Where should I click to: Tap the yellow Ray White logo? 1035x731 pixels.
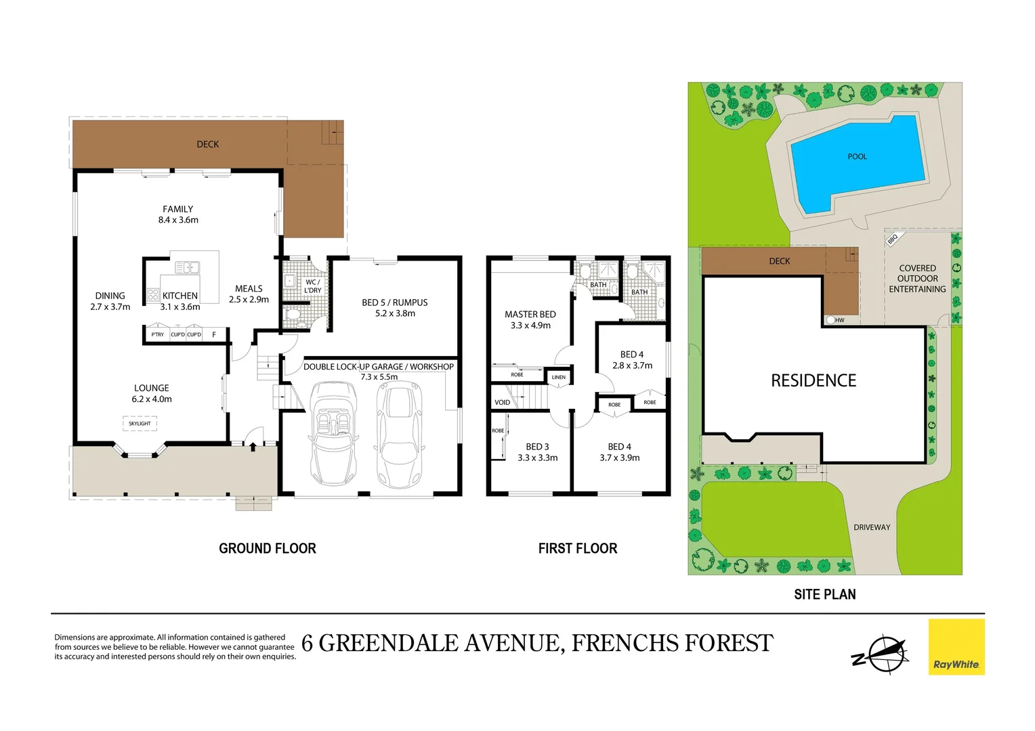[956, 647]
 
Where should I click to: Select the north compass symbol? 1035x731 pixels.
[881, 655]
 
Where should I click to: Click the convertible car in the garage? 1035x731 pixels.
[333, 433]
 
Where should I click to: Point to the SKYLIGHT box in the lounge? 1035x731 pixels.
[140, 424]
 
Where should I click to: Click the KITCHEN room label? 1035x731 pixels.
[180, 296]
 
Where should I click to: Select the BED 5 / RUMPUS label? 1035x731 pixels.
[395, 303]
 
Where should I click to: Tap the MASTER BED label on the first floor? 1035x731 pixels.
[530, 315]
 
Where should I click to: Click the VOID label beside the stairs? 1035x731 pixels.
[502, 403]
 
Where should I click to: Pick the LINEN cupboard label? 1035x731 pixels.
[558, 378]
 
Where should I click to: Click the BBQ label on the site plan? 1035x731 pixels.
[892, 239]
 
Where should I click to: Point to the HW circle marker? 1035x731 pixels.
[830, 320]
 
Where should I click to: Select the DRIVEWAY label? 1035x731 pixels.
[872, 527]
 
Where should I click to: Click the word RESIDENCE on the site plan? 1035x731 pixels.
[814, 381]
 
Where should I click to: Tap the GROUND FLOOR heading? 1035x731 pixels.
[268, 549]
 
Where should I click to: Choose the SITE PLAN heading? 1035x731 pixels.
[824, 595]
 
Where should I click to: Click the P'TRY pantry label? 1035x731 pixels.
[157, 335]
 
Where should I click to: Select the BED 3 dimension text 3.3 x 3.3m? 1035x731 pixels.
[537, 458]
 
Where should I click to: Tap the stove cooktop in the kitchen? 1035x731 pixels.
[153, 294]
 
